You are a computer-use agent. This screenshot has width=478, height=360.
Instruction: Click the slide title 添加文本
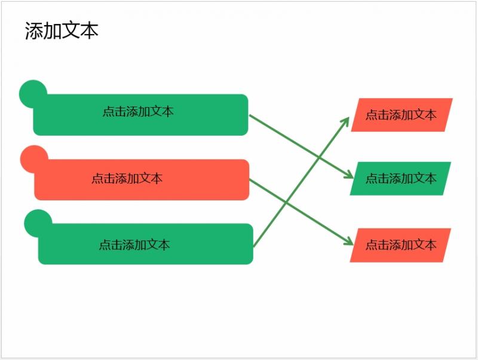[x=62, y=30]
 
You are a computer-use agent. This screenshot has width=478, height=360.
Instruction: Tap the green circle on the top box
[x=33, y=94]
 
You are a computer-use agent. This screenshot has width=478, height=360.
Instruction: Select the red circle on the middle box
[x=34, y=159]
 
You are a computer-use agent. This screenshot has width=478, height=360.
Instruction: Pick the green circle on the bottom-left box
[x=38, y=223]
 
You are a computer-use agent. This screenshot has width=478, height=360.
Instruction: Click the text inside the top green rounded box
[x=138, y=111]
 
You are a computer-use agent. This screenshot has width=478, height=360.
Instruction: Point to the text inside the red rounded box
[x=127, y=178]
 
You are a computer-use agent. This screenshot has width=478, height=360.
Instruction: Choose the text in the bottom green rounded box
[x=134, y=245]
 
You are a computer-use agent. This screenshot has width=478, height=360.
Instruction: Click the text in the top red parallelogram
[x=401, y=115]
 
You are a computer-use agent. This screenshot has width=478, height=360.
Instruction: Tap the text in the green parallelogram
[x=401, y=178]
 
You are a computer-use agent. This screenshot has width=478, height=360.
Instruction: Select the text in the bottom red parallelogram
[x=401, y=245]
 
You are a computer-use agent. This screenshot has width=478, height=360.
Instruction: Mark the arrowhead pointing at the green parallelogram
[x=349, y=175]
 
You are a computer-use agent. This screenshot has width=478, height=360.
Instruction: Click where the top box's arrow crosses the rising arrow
[x=318, y=157]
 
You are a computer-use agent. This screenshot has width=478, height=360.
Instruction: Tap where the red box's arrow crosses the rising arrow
[x=286, y=202]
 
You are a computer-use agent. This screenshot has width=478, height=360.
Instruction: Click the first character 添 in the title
[x=34, y=30]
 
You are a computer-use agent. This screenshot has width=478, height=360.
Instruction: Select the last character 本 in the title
[x=89, y=30]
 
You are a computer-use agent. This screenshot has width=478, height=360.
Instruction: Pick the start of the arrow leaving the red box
[x=250, y=179]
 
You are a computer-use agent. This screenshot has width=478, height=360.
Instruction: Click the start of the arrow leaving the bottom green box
[x=254, y=246]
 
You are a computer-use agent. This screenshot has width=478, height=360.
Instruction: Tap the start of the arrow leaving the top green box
[x=250, y=115]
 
